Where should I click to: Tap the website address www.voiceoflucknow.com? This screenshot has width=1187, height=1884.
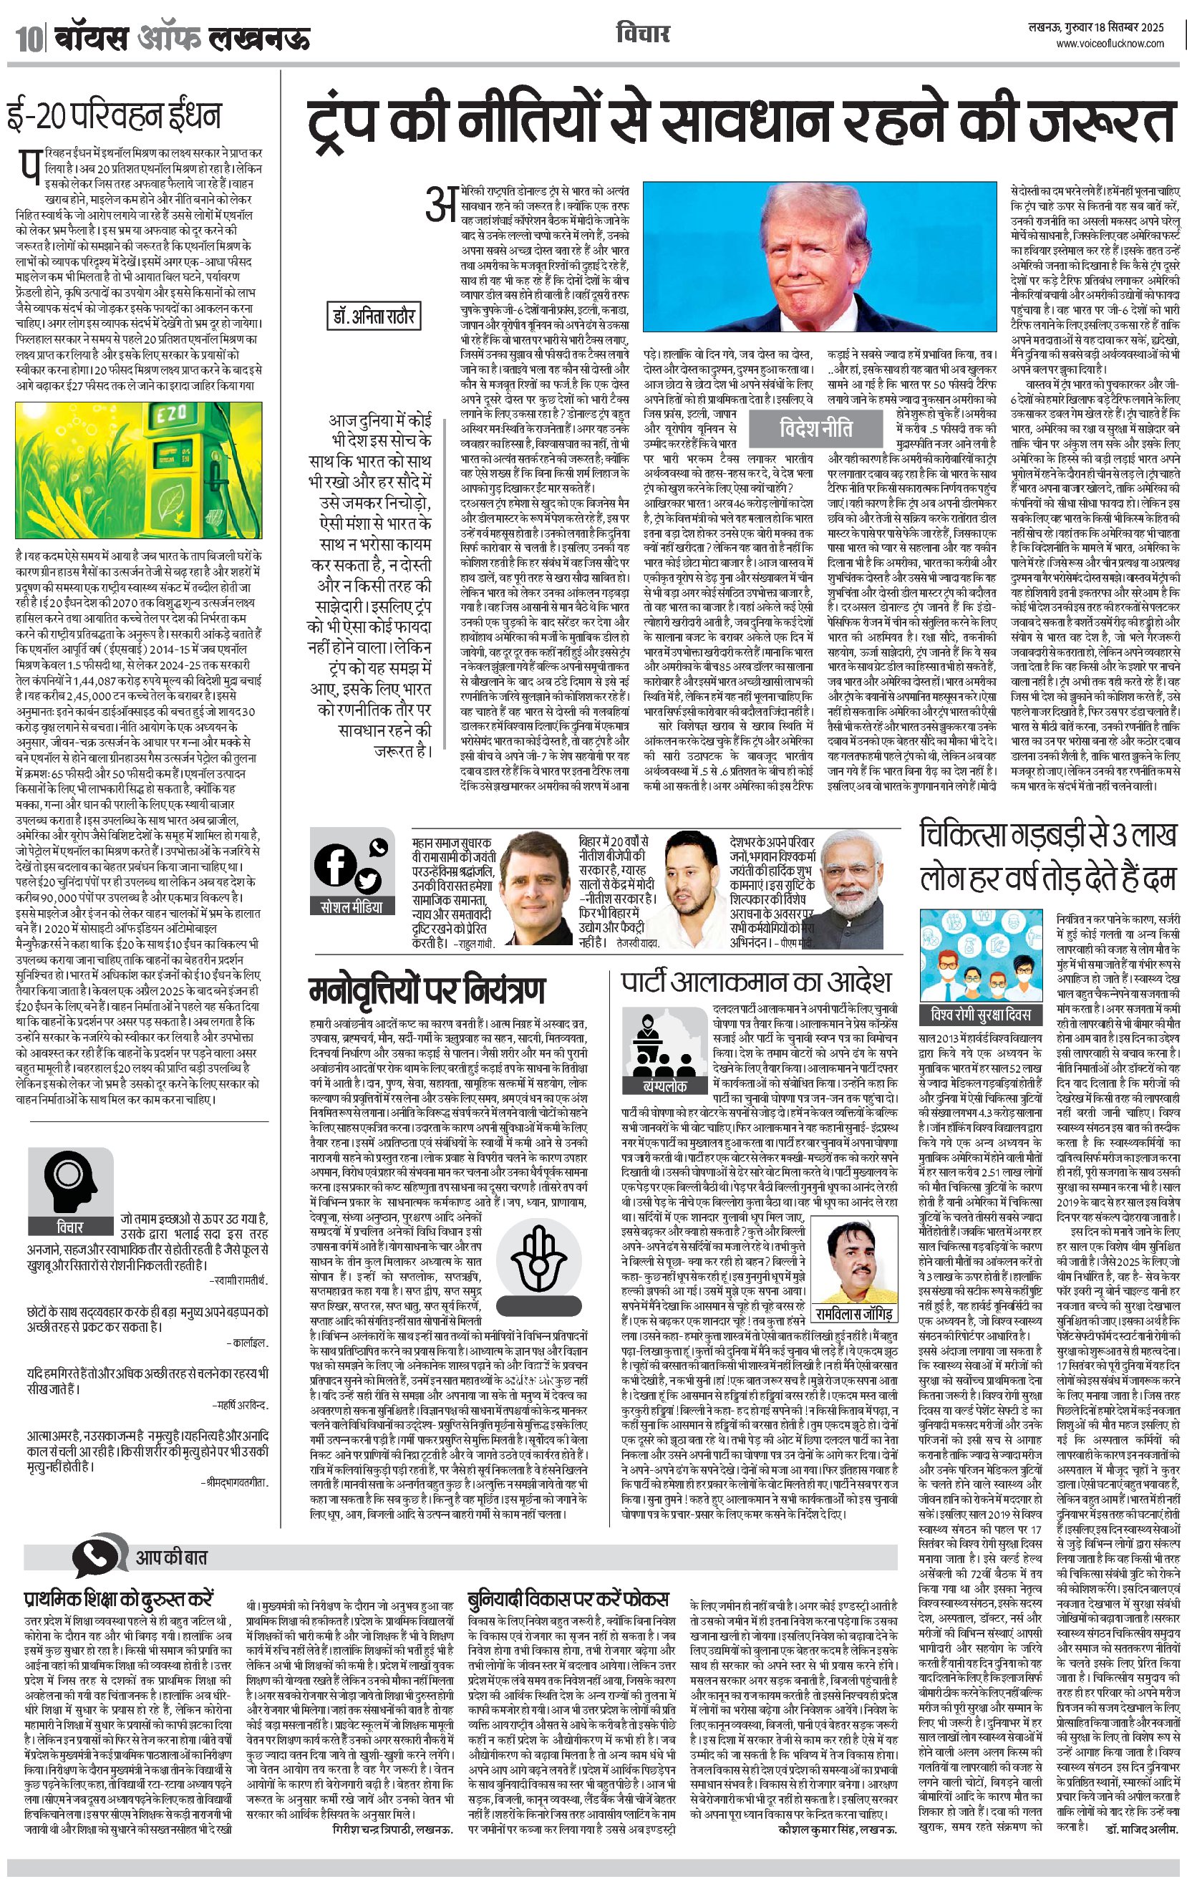(x=1110, y=44)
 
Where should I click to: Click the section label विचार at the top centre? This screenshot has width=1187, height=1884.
(x=642, y=34)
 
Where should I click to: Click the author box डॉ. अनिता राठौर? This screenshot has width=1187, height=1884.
(x=372, y=316)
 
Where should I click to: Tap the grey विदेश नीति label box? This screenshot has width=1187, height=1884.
(x=816, y=429)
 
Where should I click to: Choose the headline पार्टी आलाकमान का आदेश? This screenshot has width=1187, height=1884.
(x=756, y=981)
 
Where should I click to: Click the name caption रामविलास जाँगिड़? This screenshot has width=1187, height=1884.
(x=853, y=1312)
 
